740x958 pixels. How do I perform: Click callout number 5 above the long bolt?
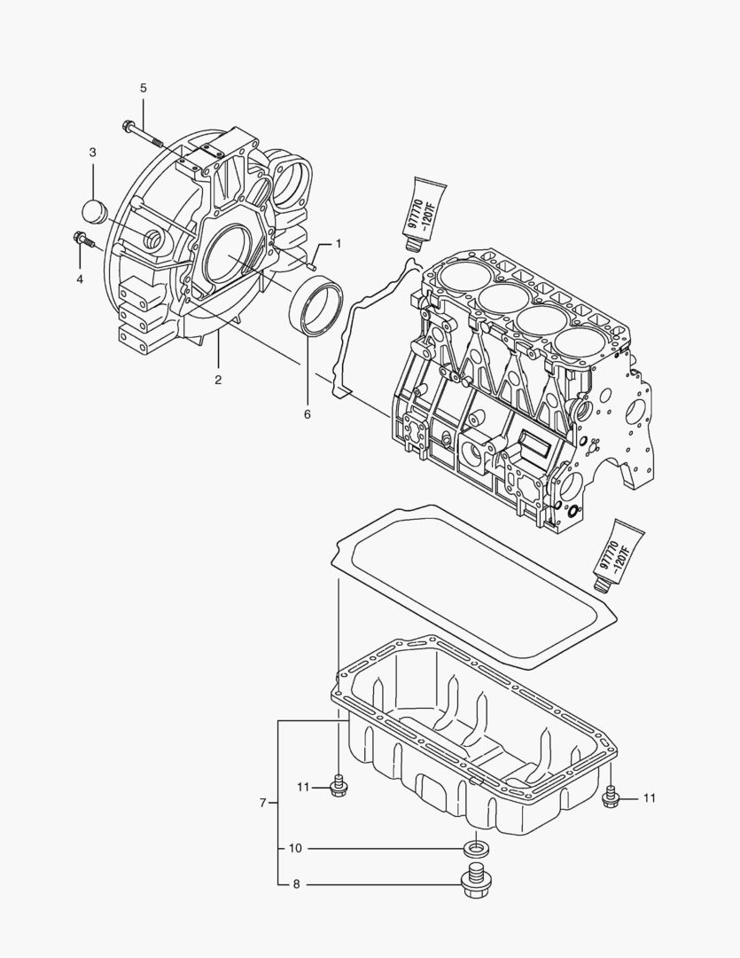coord(143,87)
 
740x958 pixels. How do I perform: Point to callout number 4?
coord(79,279)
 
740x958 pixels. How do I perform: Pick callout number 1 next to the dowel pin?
coord(337,243)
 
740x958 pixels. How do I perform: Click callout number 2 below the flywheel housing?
coord(217,380)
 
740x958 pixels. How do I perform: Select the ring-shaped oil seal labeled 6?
coord(314,306)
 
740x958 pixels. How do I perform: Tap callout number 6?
coord(308,413)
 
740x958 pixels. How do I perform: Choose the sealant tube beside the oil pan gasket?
coord(618,556)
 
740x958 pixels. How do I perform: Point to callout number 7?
coord(263,803)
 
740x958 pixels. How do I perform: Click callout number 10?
coord(295,848)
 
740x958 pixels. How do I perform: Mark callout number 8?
coord(295,883)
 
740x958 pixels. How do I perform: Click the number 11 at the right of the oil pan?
coord(650,798)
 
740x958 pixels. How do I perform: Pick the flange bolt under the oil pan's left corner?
coord(338,787)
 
